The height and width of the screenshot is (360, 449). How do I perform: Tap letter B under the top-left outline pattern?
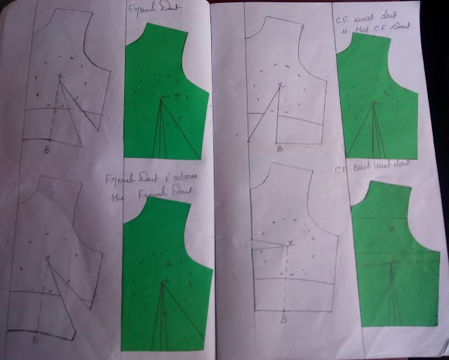(x=47, y=150)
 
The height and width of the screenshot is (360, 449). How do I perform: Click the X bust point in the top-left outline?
(x=60, y=76)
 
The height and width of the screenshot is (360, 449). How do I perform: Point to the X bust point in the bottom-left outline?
(x=48, y=260)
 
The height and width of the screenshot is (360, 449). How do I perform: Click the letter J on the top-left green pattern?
(x=178, y=95)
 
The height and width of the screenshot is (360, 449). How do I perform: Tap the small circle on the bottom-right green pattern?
(x=391, y=229)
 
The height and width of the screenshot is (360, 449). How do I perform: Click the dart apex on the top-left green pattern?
(x=161, y=100)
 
